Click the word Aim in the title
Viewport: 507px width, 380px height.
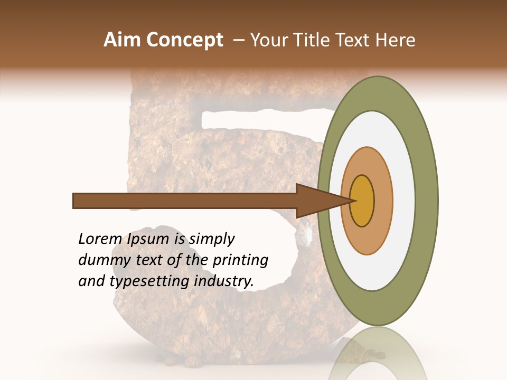(x=121, y=41)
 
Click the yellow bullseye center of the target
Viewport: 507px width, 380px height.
(x=362, y=201)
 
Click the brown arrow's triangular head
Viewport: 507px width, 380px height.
(x=317, y=201)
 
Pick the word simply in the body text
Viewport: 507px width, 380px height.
(x=211, y=239)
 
